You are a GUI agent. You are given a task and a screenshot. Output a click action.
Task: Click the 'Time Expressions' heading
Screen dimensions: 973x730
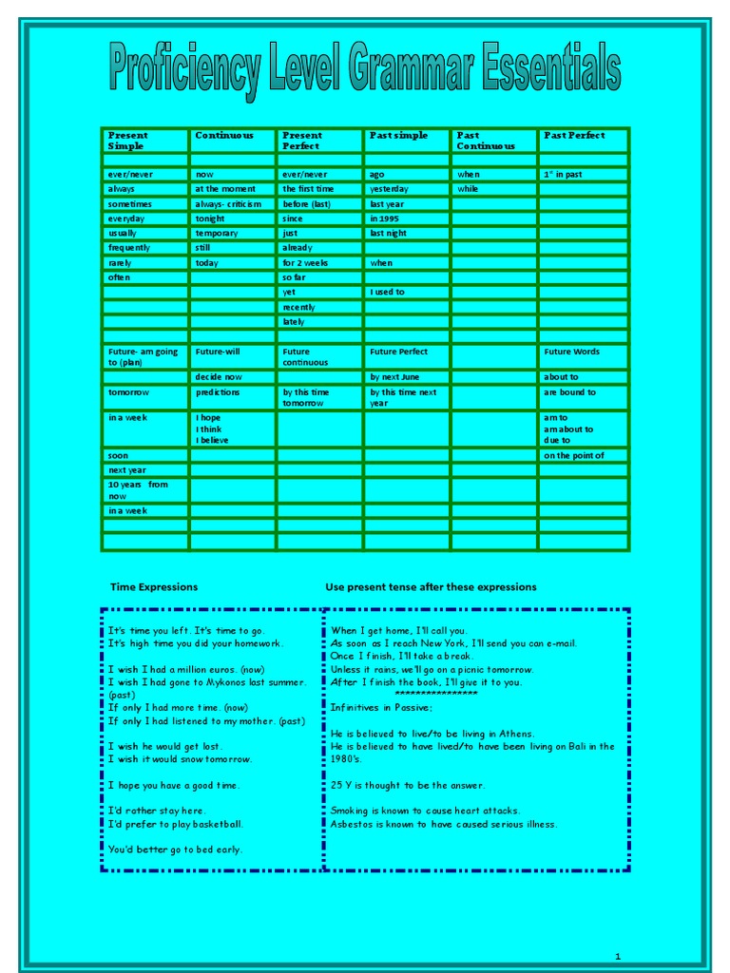(154, 587)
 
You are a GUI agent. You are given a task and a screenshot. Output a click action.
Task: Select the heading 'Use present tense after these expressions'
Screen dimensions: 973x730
(431, 587)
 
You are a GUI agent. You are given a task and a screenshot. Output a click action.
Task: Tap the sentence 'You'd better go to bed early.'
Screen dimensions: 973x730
(175, 849)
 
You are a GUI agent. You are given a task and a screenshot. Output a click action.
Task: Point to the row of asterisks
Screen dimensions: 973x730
(436, 695)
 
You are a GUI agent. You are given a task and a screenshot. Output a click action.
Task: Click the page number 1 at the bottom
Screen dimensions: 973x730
(617, 955)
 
